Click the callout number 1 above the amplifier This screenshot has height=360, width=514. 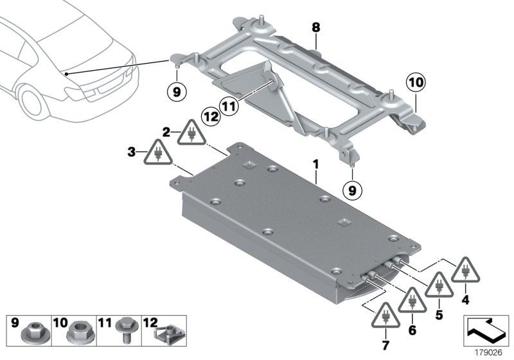(315, 165)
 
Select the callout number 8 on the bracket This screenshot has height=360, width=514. (315, 28)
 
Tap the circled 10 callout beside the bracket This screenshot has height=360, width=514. (414, 82)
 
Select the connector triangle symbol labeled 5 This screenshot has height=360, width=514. (439, 285)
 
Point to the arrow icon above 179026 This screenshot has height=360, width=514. (486, 330)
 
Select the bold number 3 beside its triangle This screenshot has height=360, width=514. (132, 153)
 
